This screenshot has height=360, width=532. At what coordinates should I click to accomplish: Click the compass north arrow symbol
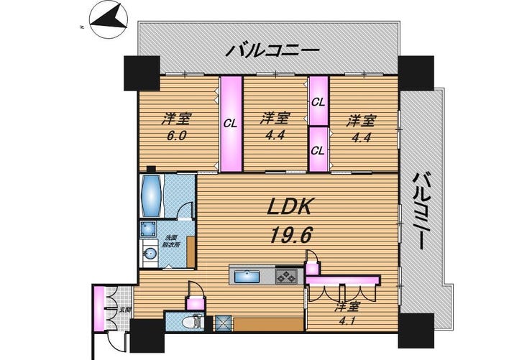click(109, 19)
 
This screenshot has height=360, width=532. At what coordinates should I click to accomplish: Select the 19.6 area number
click(290, 235)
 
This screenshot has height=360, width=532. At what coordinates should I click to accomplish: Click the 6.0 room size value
click(176, 136)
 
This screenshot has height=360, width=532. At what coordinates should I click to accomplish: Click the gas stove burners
click(287, 276)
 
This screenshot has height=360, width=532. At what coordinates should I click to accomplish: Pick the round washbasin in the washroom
click(150, 253)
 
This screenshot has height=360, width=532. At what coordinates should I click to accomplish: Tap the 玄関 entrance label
click(127, 310)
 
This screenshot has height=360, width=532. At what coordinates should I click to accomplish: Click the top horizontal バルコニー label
click(272, 51)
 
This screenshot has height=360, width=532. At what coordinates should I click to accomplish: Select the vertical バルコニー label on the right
click(420, 211)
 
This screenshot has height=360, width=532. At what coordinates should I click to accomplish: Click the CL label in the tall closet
click(230, 124)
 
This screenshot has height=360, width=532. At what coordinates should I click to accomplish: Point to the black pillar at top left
click(142, 73)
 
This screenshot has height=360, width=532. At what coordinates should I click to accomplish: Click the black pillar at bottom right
click(416, 331)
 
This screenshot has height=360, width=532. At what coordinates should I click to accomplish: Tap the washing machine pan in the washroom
click(149, 229)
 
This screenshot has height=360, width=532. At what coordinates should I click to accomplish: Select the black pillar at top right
click(416, 73)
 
